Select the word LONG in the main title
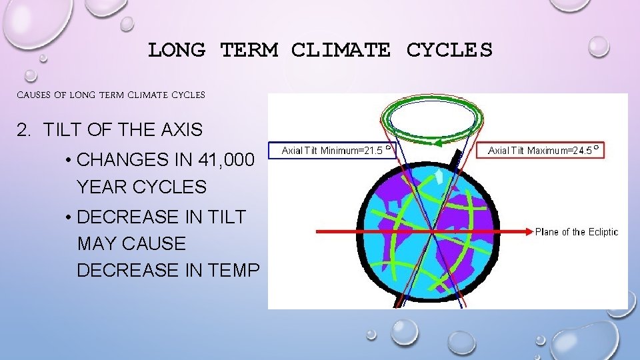(177, 50)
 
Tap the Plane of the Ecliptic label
(577, 232)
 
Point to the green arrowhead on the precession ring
(437, 142)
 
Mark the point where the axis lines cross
(431, 231)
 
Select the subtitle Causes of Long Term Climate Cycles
(110, 95)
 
